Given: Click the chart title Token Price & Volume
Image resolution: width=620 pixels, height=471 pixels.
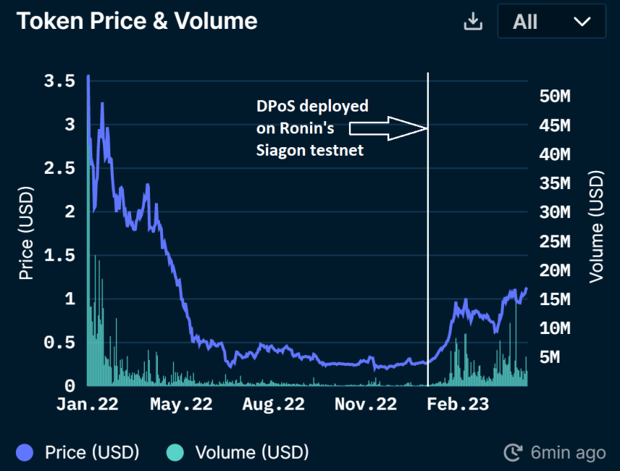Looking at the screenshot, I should click(x=137, y=21).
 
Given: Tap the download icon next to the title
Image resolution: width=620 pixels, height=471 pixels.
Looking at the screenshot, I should click(x=472, y=22).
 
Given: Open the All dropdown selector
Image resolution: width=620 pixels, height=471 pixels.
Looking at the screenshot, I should click(x=552, y=22).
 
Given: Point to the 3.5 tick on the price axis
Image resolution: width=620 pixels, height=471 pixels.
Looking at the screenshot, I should click(x=59, y=81).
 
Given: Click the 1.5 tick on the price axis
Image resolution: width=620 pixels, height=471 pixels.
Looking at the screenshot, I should click(x=59, y=255).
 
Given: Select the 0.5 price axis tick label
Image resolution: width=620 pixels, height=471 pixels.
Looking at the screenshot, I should click(x=59, y=343).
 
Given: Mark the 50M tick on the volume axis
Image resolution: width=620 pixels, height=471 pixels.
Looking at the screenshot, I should click(x=555, y=97).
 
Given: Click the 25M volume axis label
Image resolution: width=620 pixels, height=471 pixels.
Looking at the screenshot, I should click(x=555, y=242).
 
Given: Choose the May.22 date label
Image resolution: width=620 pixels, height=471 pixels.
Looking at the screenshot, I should click(x=181, y=405).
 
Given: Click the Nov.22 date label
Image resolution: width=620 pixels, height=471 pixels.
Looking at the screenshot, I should click(x=366, y=405).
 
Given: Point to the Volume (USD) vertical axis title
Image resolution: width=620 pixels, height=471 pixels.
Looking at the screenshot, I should click(x=595, y=226).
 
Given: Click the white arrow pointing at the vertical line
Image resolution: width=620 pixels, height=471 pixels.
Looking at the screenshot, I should click(x=388, y=128).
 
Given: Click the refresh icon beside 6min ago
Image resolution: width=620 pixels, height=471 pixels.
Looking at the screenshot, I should click(x=513, y=453).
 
